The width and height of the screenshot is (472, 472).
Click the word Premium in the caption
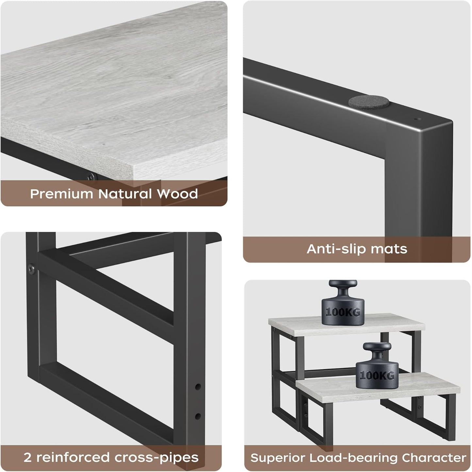click(x=61, y=194)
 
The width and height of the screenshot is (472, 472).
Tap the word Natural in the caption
click(x=125, y=194)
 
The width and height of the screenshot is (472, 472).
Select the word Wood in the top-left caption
click(x=177, y=194)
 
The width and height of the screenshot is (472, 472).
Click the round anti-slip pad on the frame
click(x=369, y=102)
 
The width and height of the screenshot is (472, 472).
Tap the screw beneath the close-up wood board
click(x=92, y=176)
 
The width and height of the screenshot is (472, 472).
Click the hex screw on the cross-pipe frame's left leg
click(x=31, y=269)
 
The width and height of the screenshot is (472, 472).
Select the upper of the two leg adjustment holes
click(x=198, y=387)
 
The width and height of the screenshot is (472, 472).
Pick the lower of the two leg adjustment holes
click(x=198, y=416)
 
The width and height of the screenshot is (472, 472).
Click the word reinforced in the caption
click(x=73, y=458)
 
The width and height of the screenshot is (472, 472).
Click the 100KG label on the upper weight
click(x=343, y=312)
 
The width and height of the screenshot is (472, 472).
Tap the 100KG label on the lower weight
click(x=377, y=376)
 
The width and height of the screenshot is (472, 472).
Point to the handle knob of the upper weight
click(x=343, y=284)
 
